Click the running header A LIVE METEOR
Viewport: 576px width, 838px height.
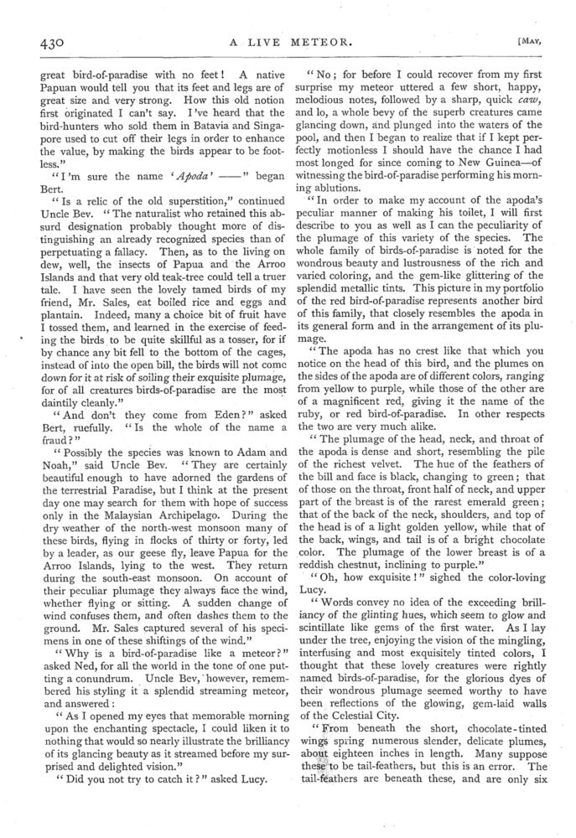click(288, 44)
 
